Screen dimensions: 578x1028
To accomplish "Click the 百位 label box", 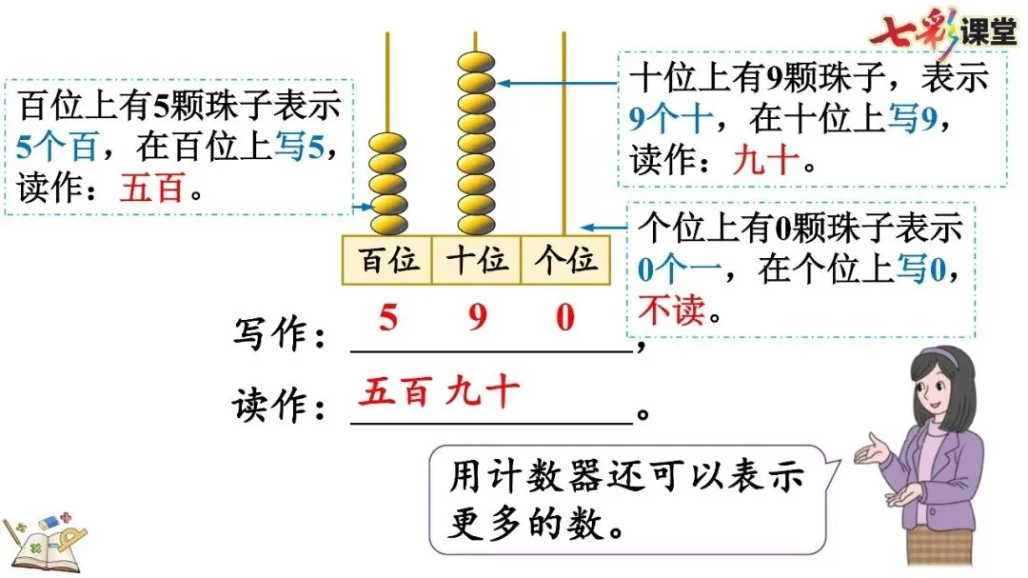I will [387, 259].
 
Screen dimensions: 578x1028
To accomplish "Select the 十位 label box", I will [476, 259].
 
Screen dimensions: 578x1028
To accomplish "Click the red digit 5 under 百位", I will [387, 317].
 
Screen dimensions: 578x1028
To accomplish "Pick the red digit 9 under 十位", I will [477, 317].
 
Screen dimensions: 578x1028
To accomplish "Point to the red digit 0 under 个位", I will [565, 317].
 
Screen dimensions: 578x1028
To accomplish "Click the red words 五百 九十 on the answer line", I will [439, 391].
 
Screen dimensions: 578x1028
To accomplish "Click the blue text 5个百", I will [56, 149].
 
